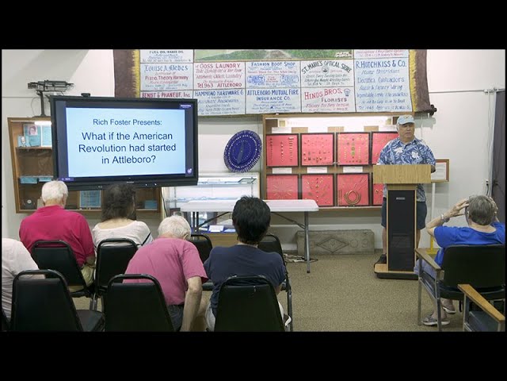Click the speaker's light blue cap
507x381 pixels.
click(x=406, y=120)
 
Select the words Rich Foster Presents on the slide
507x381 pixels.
click(x=124, y=122)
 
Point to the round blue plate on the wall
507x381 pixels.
click(x=242, y=151)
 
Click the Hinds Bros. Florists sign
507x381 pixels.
click(x=327, y=99)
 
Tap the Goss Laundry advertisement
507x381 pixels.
click(x=219, y=74)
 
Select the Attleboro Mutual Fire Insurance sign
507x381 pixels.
click(x=273, y=100)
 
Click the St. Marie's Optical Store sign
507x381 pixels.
click(x=326, y=72)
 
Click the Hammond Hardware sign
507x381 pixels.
click(x=219, y=101)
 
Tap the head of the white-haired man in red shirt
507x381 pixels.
click(x=55, y=192)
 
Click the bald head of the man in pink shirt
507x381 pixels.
click(x=174, y=228)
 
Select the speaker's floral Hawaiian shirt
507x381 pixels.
click(x=406, y=152)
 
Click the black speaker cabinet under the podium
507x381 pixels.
click(x=401, y=230)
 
